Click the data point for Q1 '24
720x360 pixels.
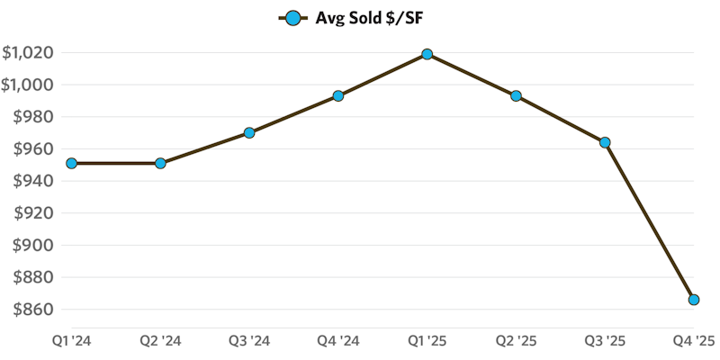click(72, 164)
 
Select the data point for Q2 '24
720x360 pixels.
click(160, 164)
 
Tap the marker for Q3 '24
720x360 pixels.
click(249, 133)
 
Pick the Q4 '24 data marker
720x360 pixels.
click(338, 95)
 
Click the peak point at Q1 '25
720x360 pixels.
click(427, 54)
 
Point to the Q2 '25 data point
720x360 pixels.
click(516, 95)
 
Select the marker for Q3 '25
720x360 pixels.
click(605, 142)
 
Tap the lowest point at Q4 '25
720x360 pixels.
click(694, 300)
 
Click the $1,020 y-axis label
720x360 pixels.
click(27, 53)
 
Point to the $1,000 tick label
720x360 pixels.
click(27, 85)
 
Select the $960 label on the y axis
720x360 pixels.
click(31, 149)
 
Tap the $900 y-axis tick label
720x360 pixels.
click(31, 245)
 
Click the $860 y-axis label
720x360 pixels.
click(31, 310)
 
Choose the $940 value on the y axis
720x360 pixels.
click(31, 181)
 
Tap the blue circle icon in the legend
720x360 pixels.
click(292, 17)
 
